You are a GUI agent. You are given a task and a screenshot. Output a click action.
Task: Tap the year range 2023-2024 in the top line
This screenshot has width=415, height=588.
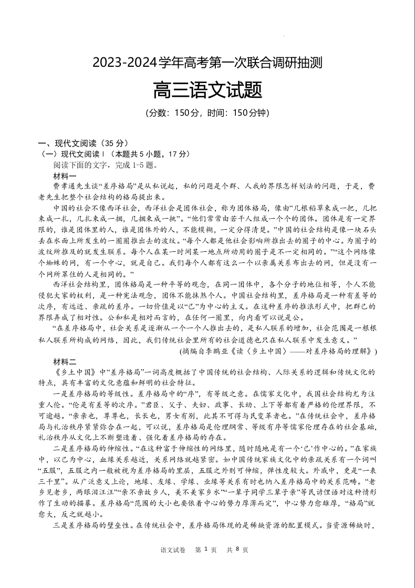tap(126, 64)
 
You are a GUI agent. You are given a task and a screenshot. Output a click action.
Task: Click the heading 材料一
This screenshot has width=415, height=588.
tap(65, 176)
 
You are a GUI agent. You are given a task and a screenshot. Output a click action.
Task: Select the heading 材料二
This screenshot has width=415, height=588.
tap(65, 361)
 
